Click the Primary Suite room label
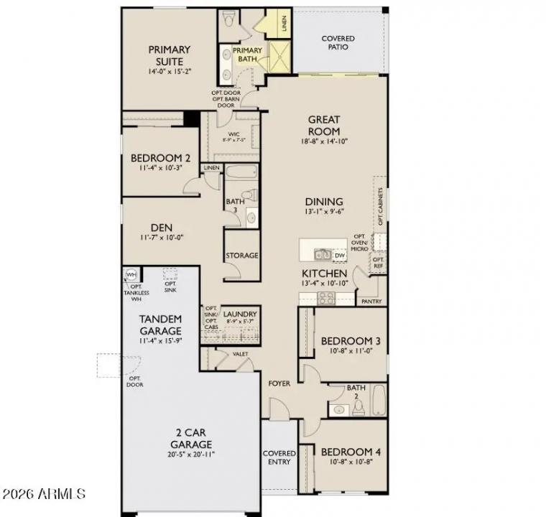point(170,55)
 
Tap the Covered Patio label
point(338,42)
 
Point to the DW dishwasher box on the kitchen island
point(340,255)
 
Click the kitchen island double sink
point(321,253)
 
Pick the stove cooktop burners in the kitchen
point(322,297)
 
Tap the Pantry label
point(371,302)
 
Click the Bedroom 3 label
point(351,340)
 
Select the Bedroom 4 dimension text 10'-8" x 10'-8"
point(351,463)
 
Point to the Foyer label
point(279,383)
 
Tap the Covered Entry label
point(279,457)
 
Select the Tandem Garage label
point(159,324)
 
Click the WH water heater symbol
point(131,275)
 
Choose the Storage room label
point(242,256)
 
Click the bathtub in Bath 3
point(240,172)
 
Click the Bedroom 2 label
point(160,159)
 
